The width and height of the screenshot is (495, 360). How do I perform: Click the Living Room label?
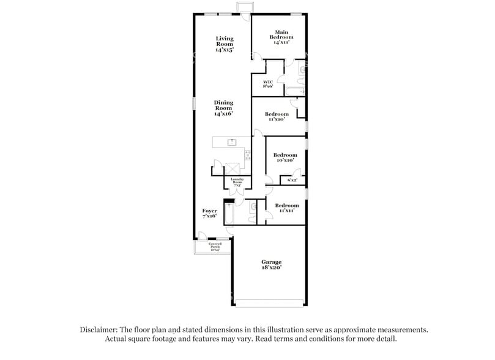coord(224,44)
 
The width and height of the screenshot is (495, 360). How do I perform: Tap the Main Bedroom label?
coord(281,37)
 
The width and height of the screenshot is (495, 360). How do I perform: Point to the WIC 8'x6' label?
coord(268,84)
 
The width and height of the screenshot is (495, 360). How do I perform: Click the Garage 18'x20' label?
coord(272,264)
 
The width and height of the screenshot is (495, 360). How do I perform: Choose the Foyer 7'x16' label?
coord(210,213)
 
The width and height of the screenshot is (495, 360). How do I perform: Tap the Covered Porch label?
coord(214,247)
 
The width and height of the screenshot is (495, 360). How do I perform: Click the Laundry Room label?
coord(237,181)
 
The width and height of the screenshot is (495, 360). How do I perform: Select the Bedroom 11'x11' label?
coord(286,208)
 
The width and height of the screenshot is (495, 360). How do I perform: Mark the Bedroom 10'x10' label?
coord(285,157)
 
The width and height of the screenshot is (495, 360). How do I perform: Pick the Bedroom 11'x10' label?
coord(277,116)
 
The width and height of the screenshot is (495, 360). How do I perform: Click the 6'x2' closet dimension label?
coord(292,180)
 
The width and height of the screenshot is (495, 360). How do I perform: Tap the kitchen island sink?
coord(232,142)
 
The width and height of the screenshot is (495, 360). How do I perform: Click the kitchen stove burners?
coord(247,156)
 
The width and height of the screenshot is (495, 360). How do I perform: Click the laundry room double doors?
coord(237,190)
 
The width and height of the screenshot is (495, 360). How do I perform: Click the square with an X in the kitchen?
coord(233,168)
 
